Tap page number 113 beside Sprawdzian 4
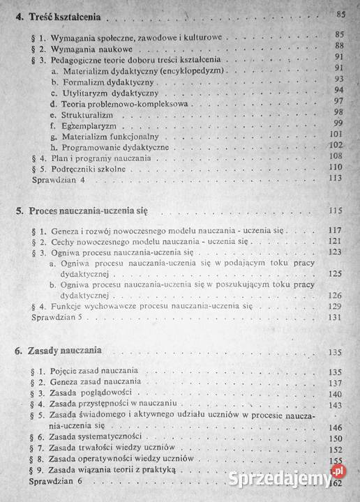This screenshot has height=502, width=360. [334, 179]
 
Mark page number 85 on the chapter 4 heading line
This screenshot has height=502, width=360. [340, 14]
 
